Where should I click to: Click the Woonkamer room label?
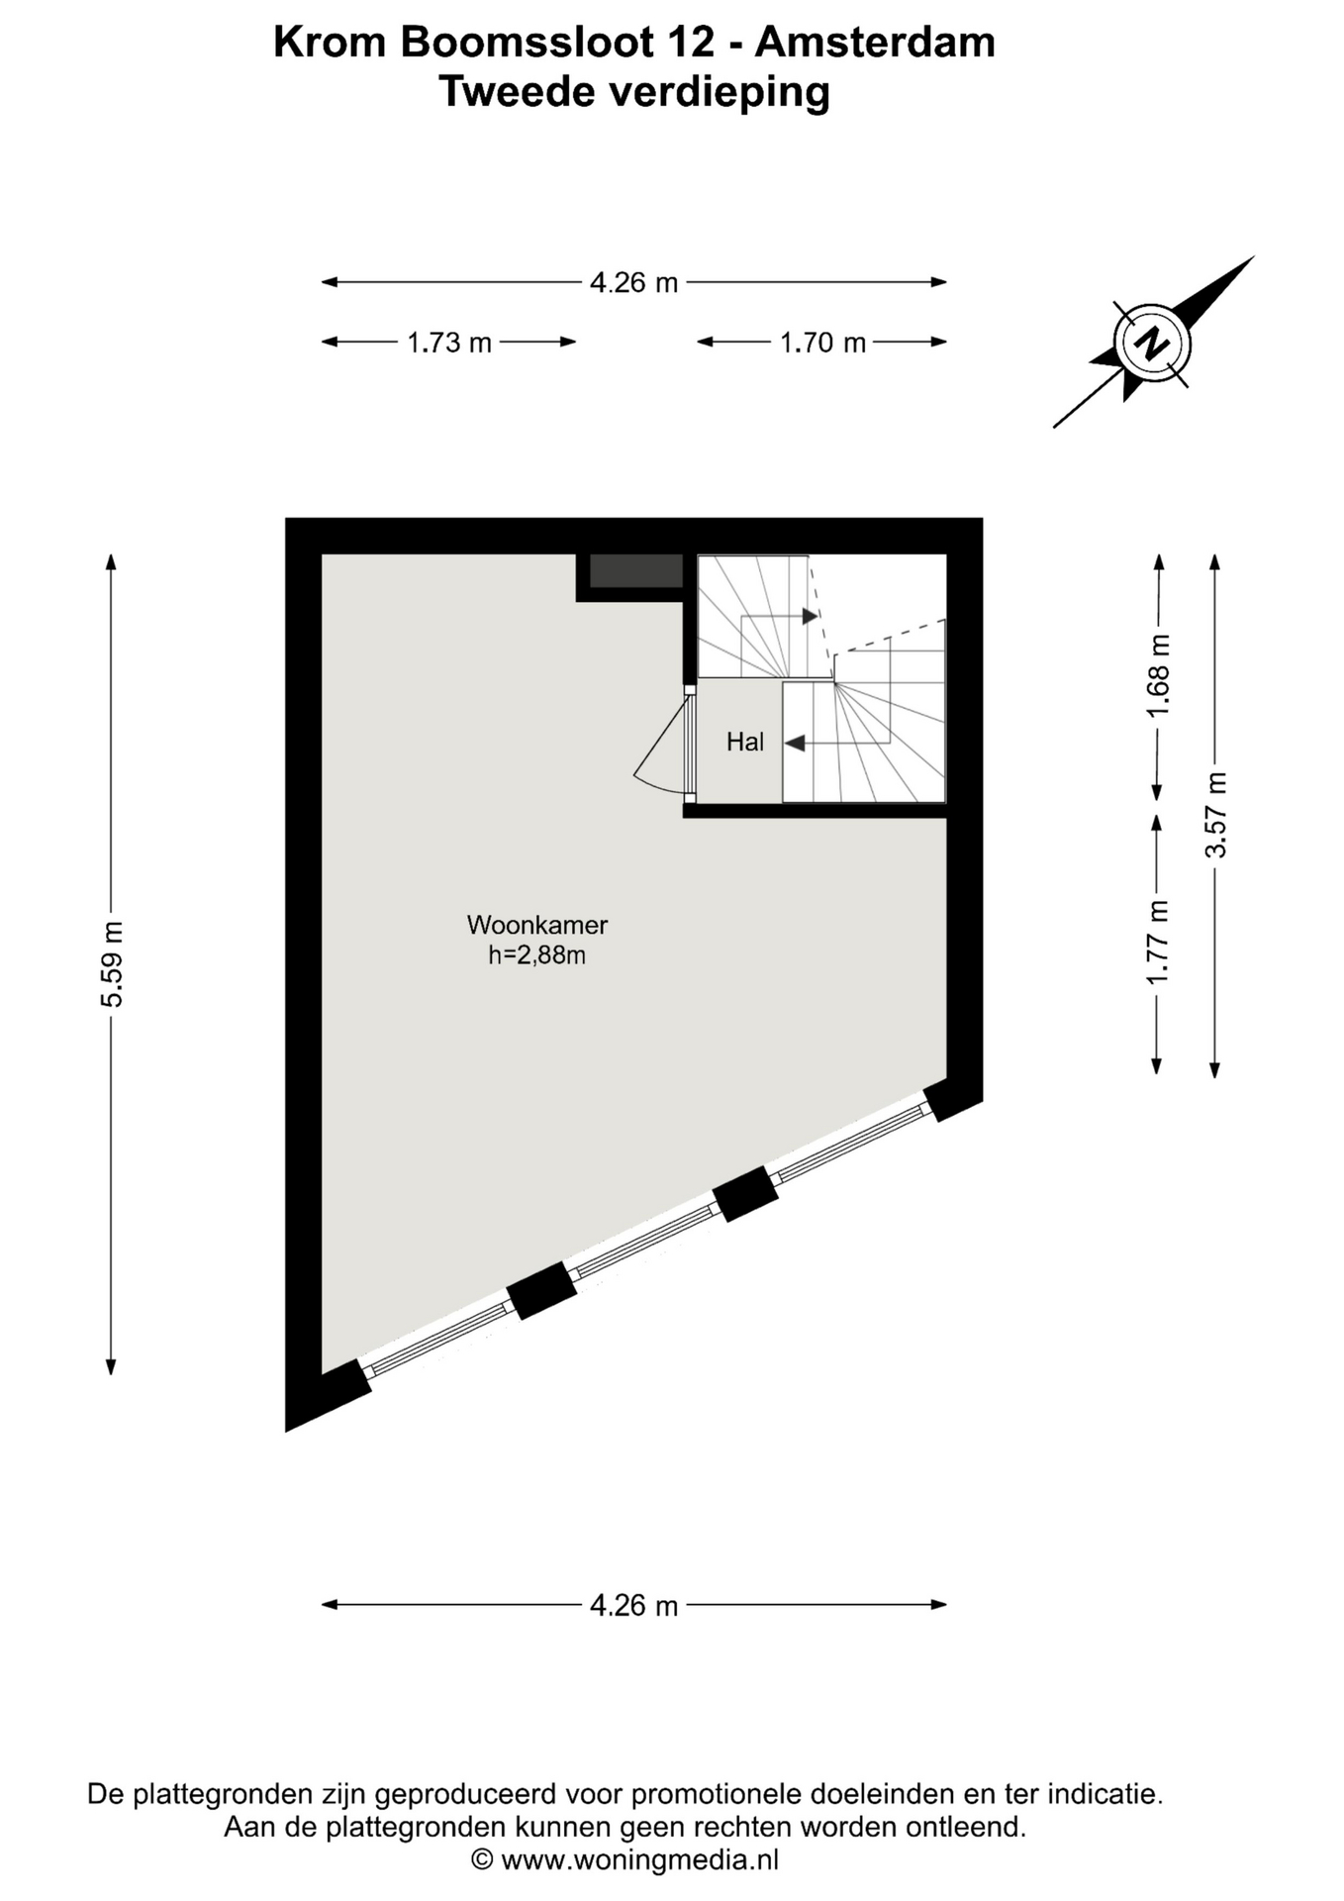pos(536,925)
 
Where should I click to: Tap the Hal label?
pos(744,742)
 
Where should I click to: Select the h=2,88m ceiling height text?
pos(536,955)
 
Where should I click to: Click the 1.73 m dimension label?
pos(449,343)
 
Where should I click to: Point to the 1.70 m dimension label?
pos(822,343)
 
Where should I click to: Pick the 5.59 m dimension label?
pos(112,964)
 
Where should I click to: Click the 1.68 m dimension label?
pos(1159,676)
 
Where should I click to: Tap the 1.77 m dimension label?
pos(1157,943)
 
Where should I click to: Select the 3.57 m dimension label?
pos(1215,815)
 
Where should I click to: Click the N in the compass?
pos(1151,344)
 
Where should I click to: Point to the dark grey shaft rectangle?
pos(636,571)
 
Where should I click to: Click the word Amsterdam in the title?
pos(875,43)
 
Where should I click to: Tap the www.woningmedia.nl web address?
pos(639,1859)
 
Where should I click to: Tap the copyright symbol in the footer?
pos(481,1859)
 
